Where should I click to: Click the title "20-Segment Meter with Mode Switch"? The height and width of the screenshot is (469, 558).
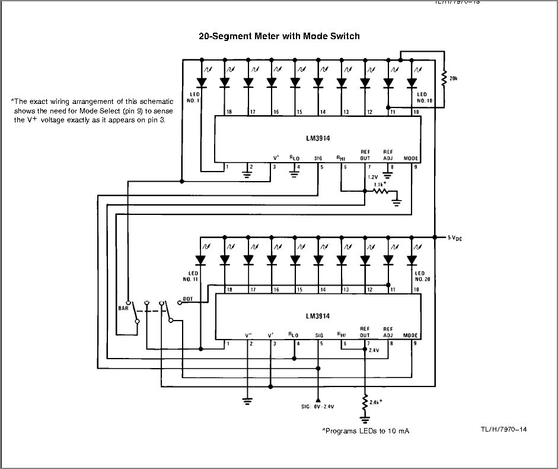[x=279, y=36]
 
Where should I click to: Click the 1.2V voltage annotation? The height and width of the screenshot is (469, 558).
[x=372, y=178]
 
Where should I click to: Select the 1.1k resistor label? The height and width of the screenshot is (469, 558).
[x=380, y=185]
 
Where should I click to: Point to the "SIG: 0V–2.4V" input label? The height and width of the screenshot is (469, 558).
[x=318, y=407]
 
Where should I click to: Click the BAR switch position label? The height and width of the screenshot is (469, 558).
[x=123, y=309]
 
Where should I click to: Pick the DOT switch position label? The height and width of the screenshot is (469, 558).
[x=188, y=299]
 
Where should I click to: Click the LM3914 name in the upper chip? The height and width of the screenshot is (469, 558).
[x=318, y=138]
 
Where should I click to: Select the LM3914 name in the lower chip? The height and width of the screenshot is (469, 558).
[x=318, y=316]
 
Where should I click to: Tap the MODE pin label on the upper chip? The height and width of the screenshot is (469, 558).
[x=411, y=159]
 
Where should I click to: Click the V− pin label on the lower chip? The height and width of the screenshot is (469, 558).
[x=250, y=335]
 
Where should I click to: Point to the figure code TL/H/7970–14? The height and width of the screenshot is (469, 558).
[x=504, y=429]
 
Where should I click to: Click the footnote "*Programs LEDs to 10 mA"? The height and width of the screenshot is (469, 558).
[x=365, y=430]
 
